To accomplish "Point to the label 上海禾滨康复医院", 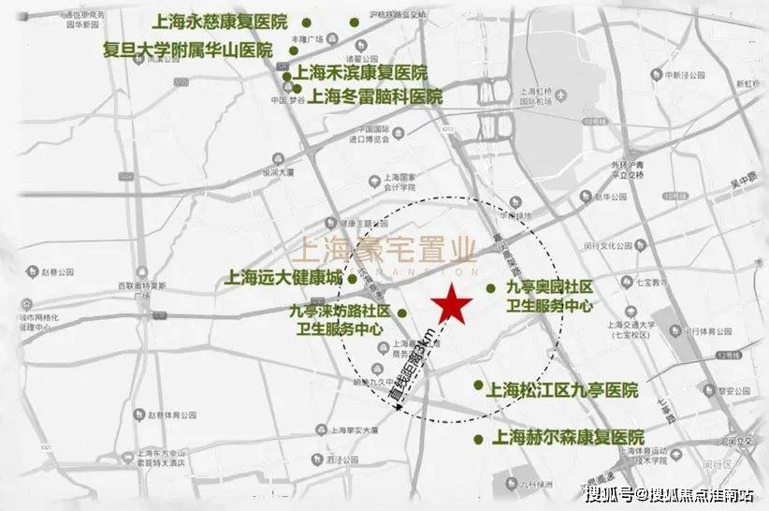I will coord(360,72).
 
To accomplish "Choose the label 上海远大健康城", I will coord(283,278).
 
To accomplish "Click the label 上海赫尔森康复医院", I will coord(569,438).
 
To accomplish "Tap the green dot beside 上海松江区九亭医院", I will coord(478,385).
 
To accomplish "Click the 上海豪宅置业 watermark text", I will coord(384,250).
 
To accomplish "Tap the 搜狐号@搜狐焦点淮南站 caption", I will coord(671,494).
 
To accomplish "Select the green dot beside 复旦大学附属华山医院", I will coord(294,51).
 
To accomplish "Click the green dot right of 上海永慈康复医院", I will coord(353,22).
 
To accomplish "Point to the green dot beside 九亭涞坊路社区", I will coord(402,313).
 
